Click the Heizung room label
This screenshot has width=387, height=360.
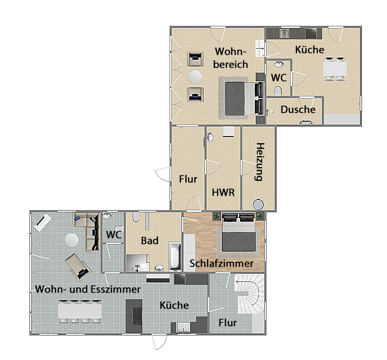pyautogui.click(x=259, y=162)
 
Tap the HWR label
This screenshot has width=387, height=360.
pyautogui.click(x=223, y=192)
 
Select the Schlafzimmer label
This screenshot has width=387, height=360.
pyautogui.click(x=221, y=264)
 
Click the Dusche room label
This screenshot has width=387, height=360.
pyautogui.click(x=298, y=110)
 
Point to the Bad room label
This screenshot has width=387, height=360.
pyautogui.click(x=150, y=240)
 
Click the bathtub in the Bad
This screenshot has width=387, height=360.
pyautogui.click(x=175, y=256)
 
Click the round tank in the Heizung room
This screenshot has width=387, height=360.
pyautogui.click(x=258, y=205)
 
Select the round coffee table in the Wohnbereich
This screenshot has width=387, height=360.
pyautogui.click(x=195, y=77)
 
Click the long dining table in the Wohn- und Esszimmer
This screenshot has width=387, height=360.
pyautogui.click(x=80, y=311)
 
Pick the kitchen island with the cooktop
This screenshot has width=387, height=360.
pyautogui.click(x=134, y=316)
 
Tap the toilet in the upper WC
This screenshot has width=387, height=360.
pyautogui.click(x=278, y=91)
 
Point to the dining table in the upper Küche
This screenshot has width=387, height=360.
pyautogui.click(x=335, y=69)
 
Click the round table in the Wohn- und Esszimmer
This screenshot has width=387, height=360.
pyautogui.click(x=72, y=240)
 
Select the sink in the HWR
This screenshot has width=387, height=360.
pyautogui.click(x=209, y=137)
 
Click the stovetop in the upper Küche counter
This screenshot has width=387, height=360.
pyautogui.click(x=311, y=33)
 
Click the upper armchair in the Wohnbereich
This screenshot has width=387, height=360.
pyautogui.click(x=195, y=59)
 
